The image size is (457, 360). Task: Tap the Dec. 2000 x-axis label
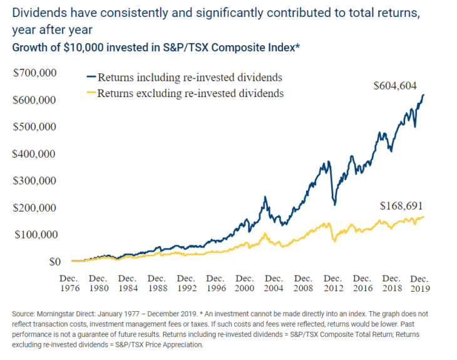pyautogui.click(x=245, y=282)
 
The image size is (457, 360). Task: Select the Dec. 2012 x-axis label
pyautogui.click(x=333, y=282)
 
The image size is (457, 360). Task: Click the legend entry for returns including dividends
pyautogui.click(x=183, y=78)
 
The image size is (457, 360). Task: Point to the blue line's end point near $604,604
pyautogui.click(x=424, y=95)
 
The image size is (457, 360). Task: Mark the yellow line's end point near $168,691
pyautogui.click(x=424, y=217)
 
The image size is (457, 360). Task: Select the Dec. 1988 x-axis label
pyautogui.click(x=157, y=282)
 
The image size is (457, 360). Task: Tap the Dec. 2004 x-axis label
pyautogui.click(x=274, y=282)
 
